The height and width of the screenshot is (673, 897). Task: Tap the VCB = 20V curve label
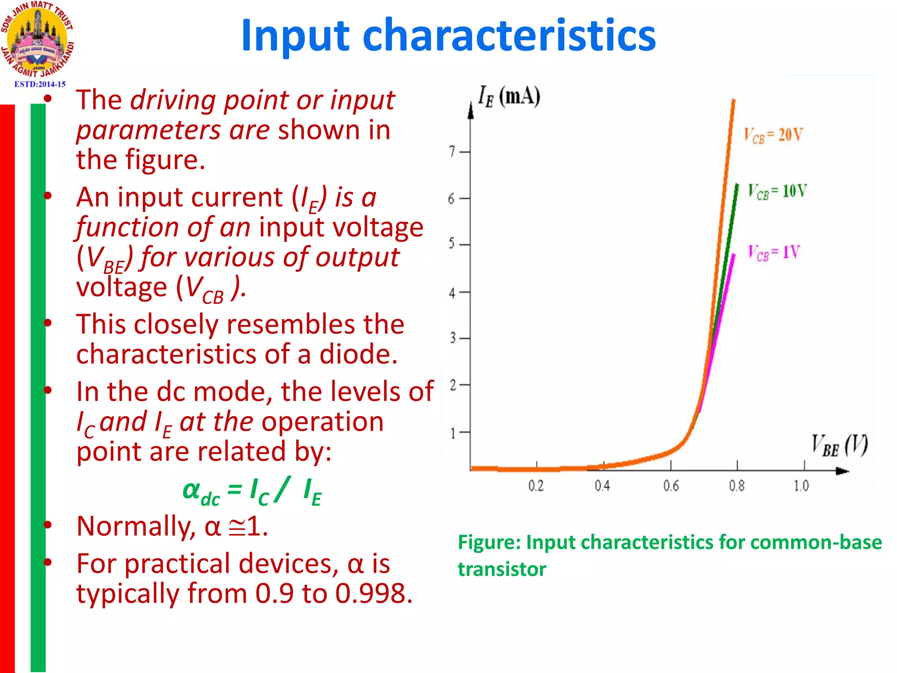[x=773, y=135]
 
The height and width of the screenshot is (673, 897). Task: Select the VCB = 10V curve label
[x=777, y=191]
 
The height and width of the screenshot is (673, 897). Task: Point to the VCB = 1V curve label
[x=774, y=253]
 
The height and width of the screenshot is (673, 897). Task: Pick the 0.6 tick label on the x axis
[x=671, y=486]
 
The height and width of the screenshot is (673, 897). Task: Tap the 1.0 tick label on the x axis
[x=802, y=486]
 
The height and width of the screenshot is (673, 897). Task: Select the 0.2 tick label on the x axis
[x=536, y=486]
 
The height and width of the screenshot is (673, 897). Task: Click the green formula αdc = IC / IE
[x=252, y=492]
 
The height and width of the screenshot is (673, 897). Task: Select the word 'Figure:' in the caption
[x=489, y=542]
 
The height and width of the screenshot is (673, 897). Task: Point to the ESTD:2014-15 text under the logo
[x=40, y=84]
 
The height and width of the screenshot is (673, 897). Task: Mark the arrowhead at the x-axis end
[x=842, y=471]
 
